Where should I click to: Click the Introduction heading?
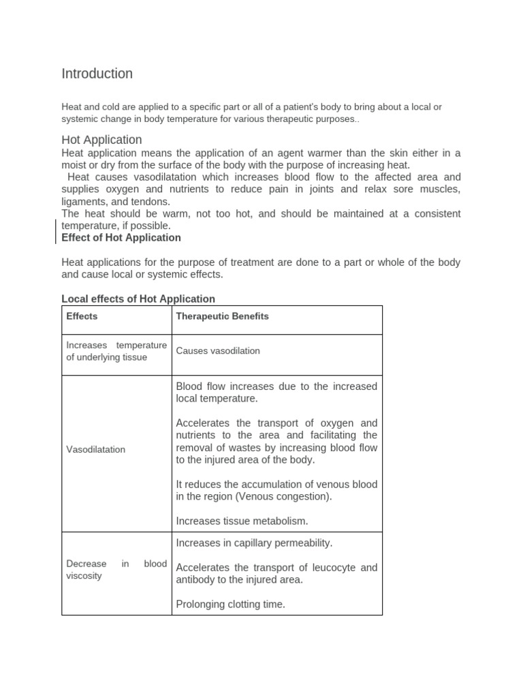(x=97, y=74)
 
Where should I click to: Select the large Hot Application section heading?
(x=101, y=140)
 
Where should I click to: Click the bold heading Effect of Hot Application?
(x=121, y=238)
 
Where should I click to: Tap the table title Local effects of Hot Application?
(x=138, y=299)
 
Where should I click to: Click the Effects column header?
(x=82, y=316)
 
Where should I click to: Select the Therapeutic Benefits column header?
(x=222, y=316)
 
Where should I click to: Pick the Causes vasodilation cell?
(x=218, y=350)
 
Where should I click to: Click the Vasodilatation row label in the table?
(x=95, y=450)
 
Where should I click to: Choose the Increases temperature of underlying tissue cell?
(x=116, y=351)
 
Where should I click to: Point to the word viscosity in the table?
(x=84, y=575)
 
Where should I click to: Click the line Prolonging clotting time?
(x=230, y=604)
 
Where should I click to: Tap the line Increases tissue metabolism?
(x=242, y=521)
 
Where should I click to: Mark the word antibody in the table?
(x=195, y=579)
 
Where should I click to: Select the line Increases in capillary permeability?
(x=254, y=543)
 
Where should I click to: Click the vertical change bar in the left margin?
(x=55, y=232)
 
